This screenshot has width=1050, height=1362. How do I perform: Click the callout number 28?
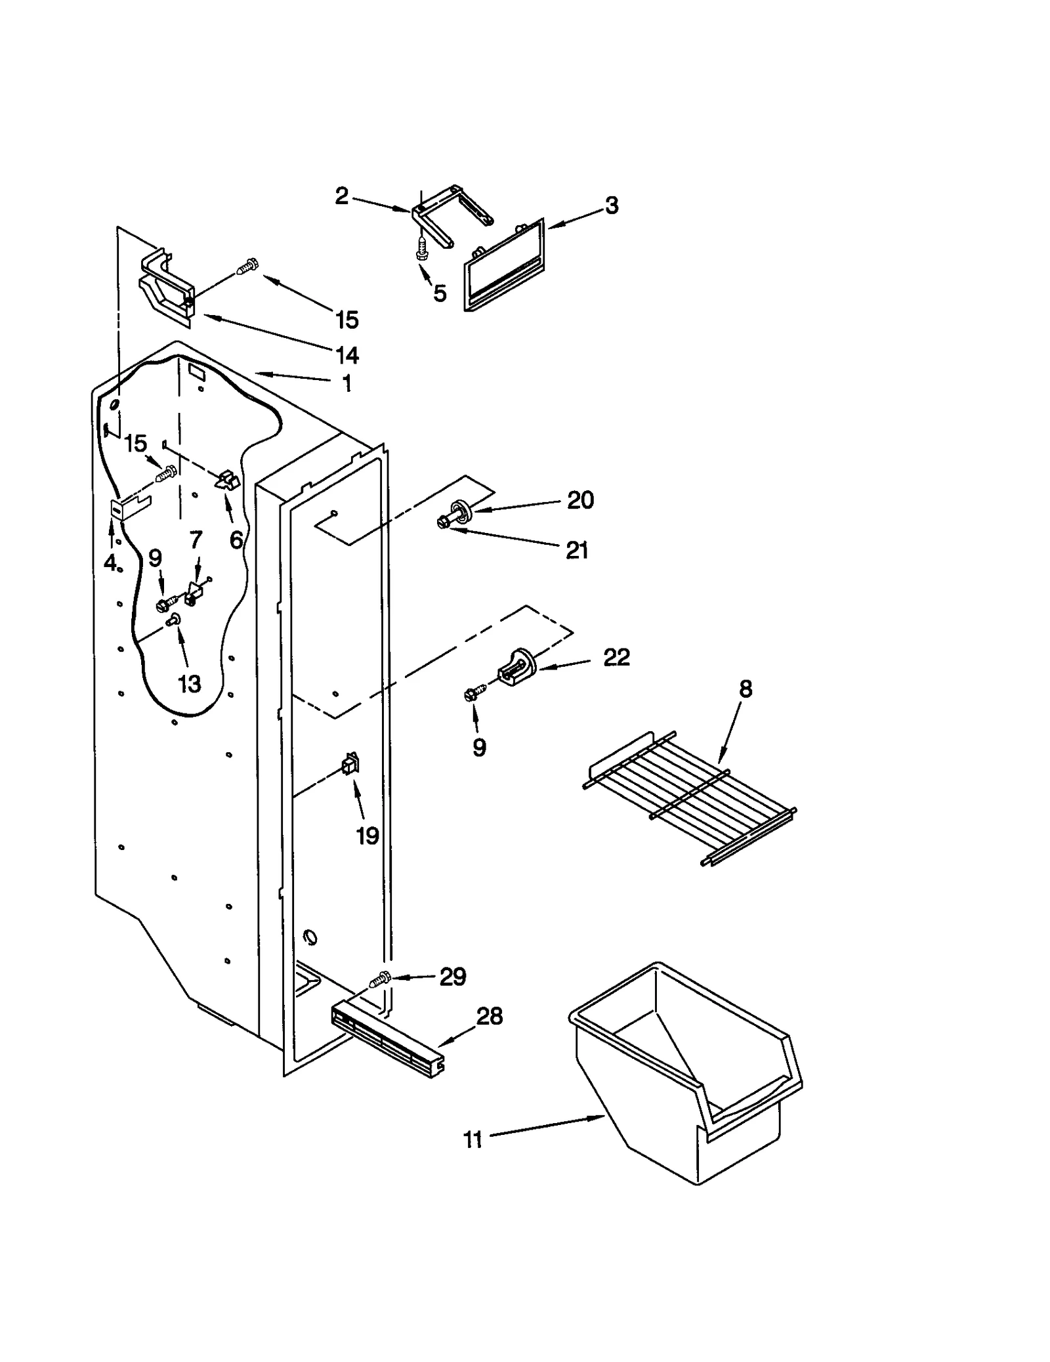tap(489, 1017)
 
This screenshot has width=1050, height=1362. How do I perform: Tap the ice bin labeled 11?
tap(682, 1076)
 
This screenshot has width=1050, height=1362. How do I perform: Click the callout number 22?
tap(616, 657)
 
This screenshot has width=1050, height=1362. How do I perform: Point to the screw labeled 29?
tap(380, 979)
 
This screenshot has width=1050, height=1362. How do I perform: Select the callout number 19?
tap(367, 836)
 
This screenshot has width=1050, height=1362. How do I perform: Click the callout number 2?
tap(342, 196)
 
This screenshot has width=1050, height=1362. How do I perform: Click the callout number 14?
tap(347, 355)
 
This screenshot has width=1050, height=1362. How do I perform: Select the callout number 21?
tap(577, 550)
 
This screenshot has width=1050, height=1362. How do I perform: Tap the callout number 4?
tap(110, 563)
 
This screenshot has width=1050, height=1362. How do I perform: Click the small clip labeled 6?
tap(227, 480)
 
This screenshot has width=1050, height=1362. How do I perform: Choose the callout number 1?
tap(347, 383)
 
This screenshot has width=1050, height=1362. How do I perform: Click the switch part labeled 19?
tap(350, 764)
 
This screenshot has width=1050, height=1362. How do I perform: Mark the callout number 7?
tap(196, 540)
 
